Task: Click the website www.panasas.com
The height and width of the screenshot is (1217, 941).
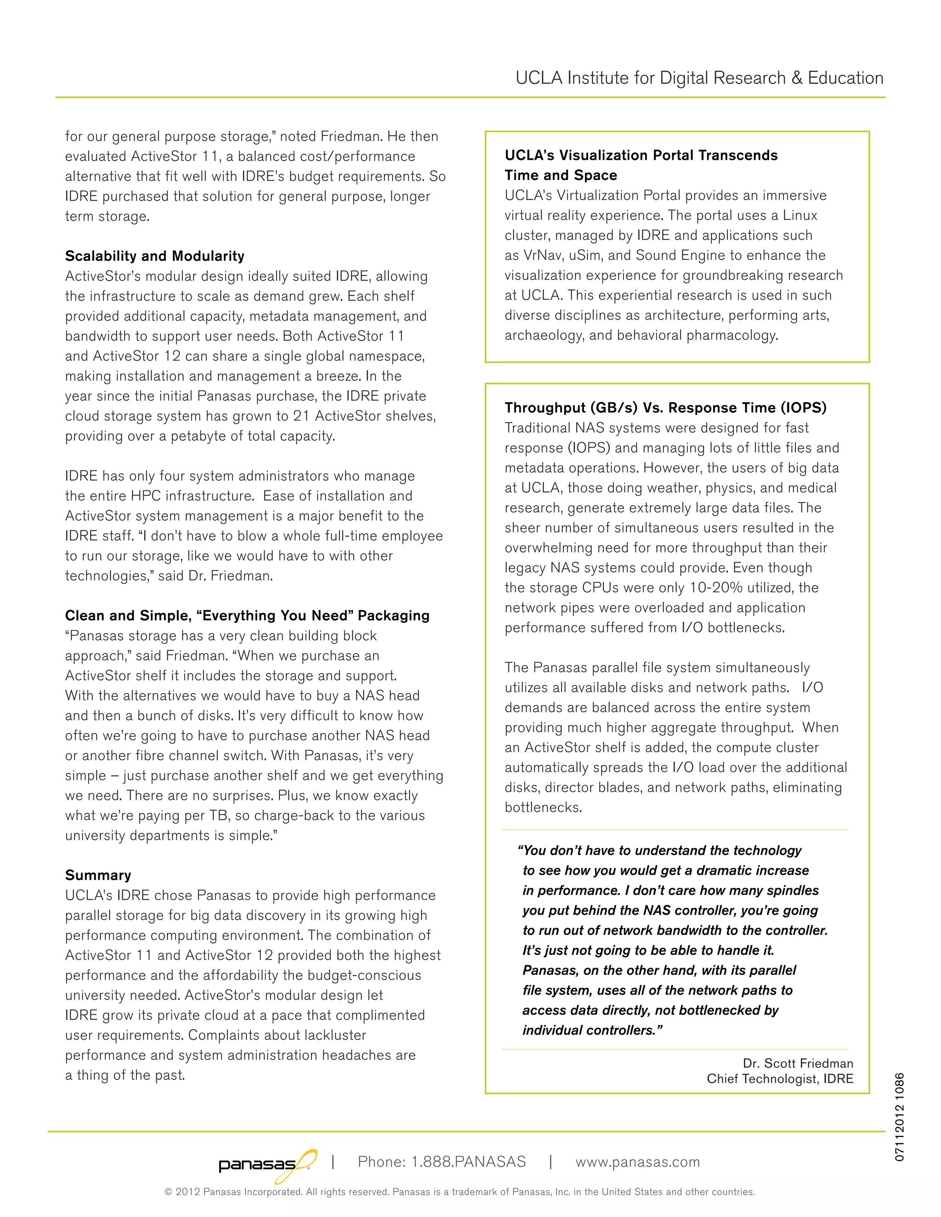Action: pyautogui.click(x=637, y=1162)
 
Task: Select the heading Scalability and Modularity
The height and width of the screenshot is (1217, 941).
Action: pyautogui.click(x=154, y=256)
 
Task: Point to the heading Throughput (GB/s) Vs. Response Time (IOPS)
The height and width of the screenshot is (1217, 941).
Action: pyautogui.click(x=665, y=407)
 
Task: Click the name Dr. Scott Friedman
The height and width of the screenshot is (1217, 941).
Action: pyautogui.click(x=797, y=1063)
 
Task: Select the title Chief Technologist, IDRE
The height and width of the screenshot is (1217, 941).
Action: pyautogui.click(x=779, y=1079)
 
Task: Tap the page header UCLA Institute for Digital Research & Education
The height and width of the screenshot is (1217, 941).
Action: pyautogui.click(x=699, y=78)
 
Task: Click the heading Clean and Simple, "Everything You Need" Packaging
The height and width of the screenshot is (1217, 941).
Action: pyautogui.click(x=247, y=615)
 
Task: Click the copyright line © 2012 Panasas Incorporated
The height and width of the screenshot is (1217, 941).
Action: pyautogui.click(x=459, y=1192)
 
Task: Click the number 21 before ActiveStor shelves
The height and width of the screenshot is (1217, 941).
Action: pyautogui.click(x=301, y=416)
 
